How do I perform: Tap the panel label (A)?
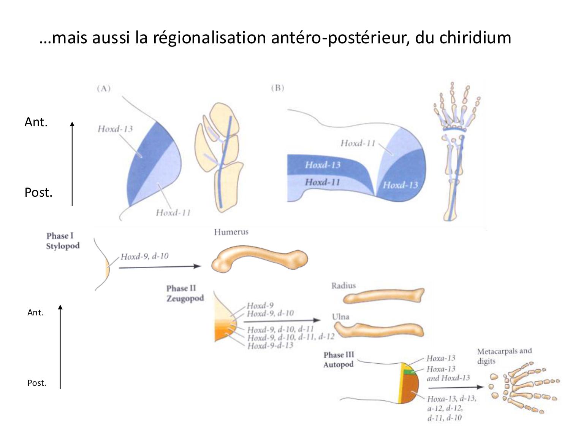(103, 89)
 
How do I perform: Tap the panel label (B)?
(277, 88)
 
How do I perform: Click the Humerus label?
(231, 232)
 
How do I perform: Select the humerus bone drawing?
(259, 260)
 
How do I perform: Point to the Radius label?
(344, 286)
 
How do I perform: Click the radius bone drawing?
(384, 296)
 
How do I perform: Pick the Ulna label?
(340, 317)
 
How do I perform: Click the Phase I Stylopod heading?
(63, 241)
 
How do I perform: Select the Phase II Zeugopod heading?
(185, 293)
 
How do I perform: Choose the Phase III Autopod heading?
(339, 360)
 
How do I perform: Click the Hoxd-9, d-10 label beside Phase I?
(144, 256)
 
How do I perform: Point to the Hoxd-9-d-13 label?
(270, 345)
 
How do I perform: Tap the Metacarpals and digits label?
(504, 356)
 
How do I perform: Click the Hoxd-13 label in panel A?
(115, 129)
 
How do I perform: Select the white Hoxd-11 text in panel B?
(322, 182)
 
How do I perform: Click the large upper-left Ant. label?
(36, 122)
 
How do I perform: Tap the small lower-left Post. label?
(36, 383)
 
